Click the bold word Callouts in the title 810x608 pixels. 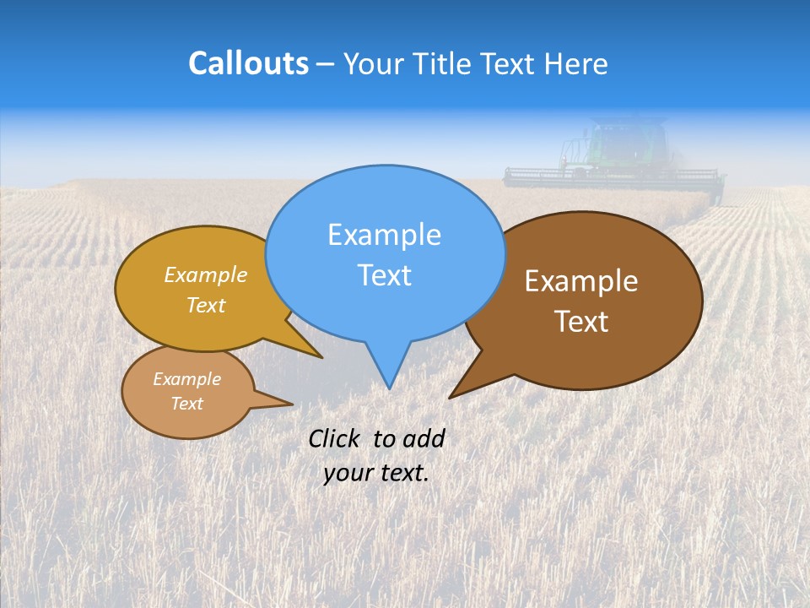[x=248, y=63]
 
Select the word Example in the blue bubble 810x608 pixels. [x=384, y=235]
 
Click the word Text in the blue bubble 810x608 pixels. [x=384, y=275]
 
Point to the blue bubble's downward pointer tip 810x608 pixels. [x=389, y=387]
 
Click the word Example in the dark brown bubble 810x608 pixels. [x=581, y=281]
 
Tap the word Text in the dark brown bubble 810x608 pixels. [x=581, y=322]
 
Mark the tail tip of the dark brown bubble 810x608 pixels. [x=451, y=396]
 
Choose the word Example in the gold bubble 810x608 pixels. [x=206, y=274]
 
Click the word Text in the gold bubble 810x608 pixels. [x=206, y=305]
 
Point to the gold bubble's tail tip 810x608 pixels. [x=321, y=357]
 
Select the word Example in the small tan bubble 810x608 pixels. [x=186, y=379]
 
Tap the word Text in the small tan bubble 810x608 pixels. [x=186, y=404]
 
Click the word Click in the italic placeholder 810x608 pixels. [x=335, y=438]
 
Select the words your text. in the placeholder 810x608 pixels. [x=376, y=473]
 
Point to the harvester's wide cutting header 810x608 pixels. [x=613, y=176]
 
